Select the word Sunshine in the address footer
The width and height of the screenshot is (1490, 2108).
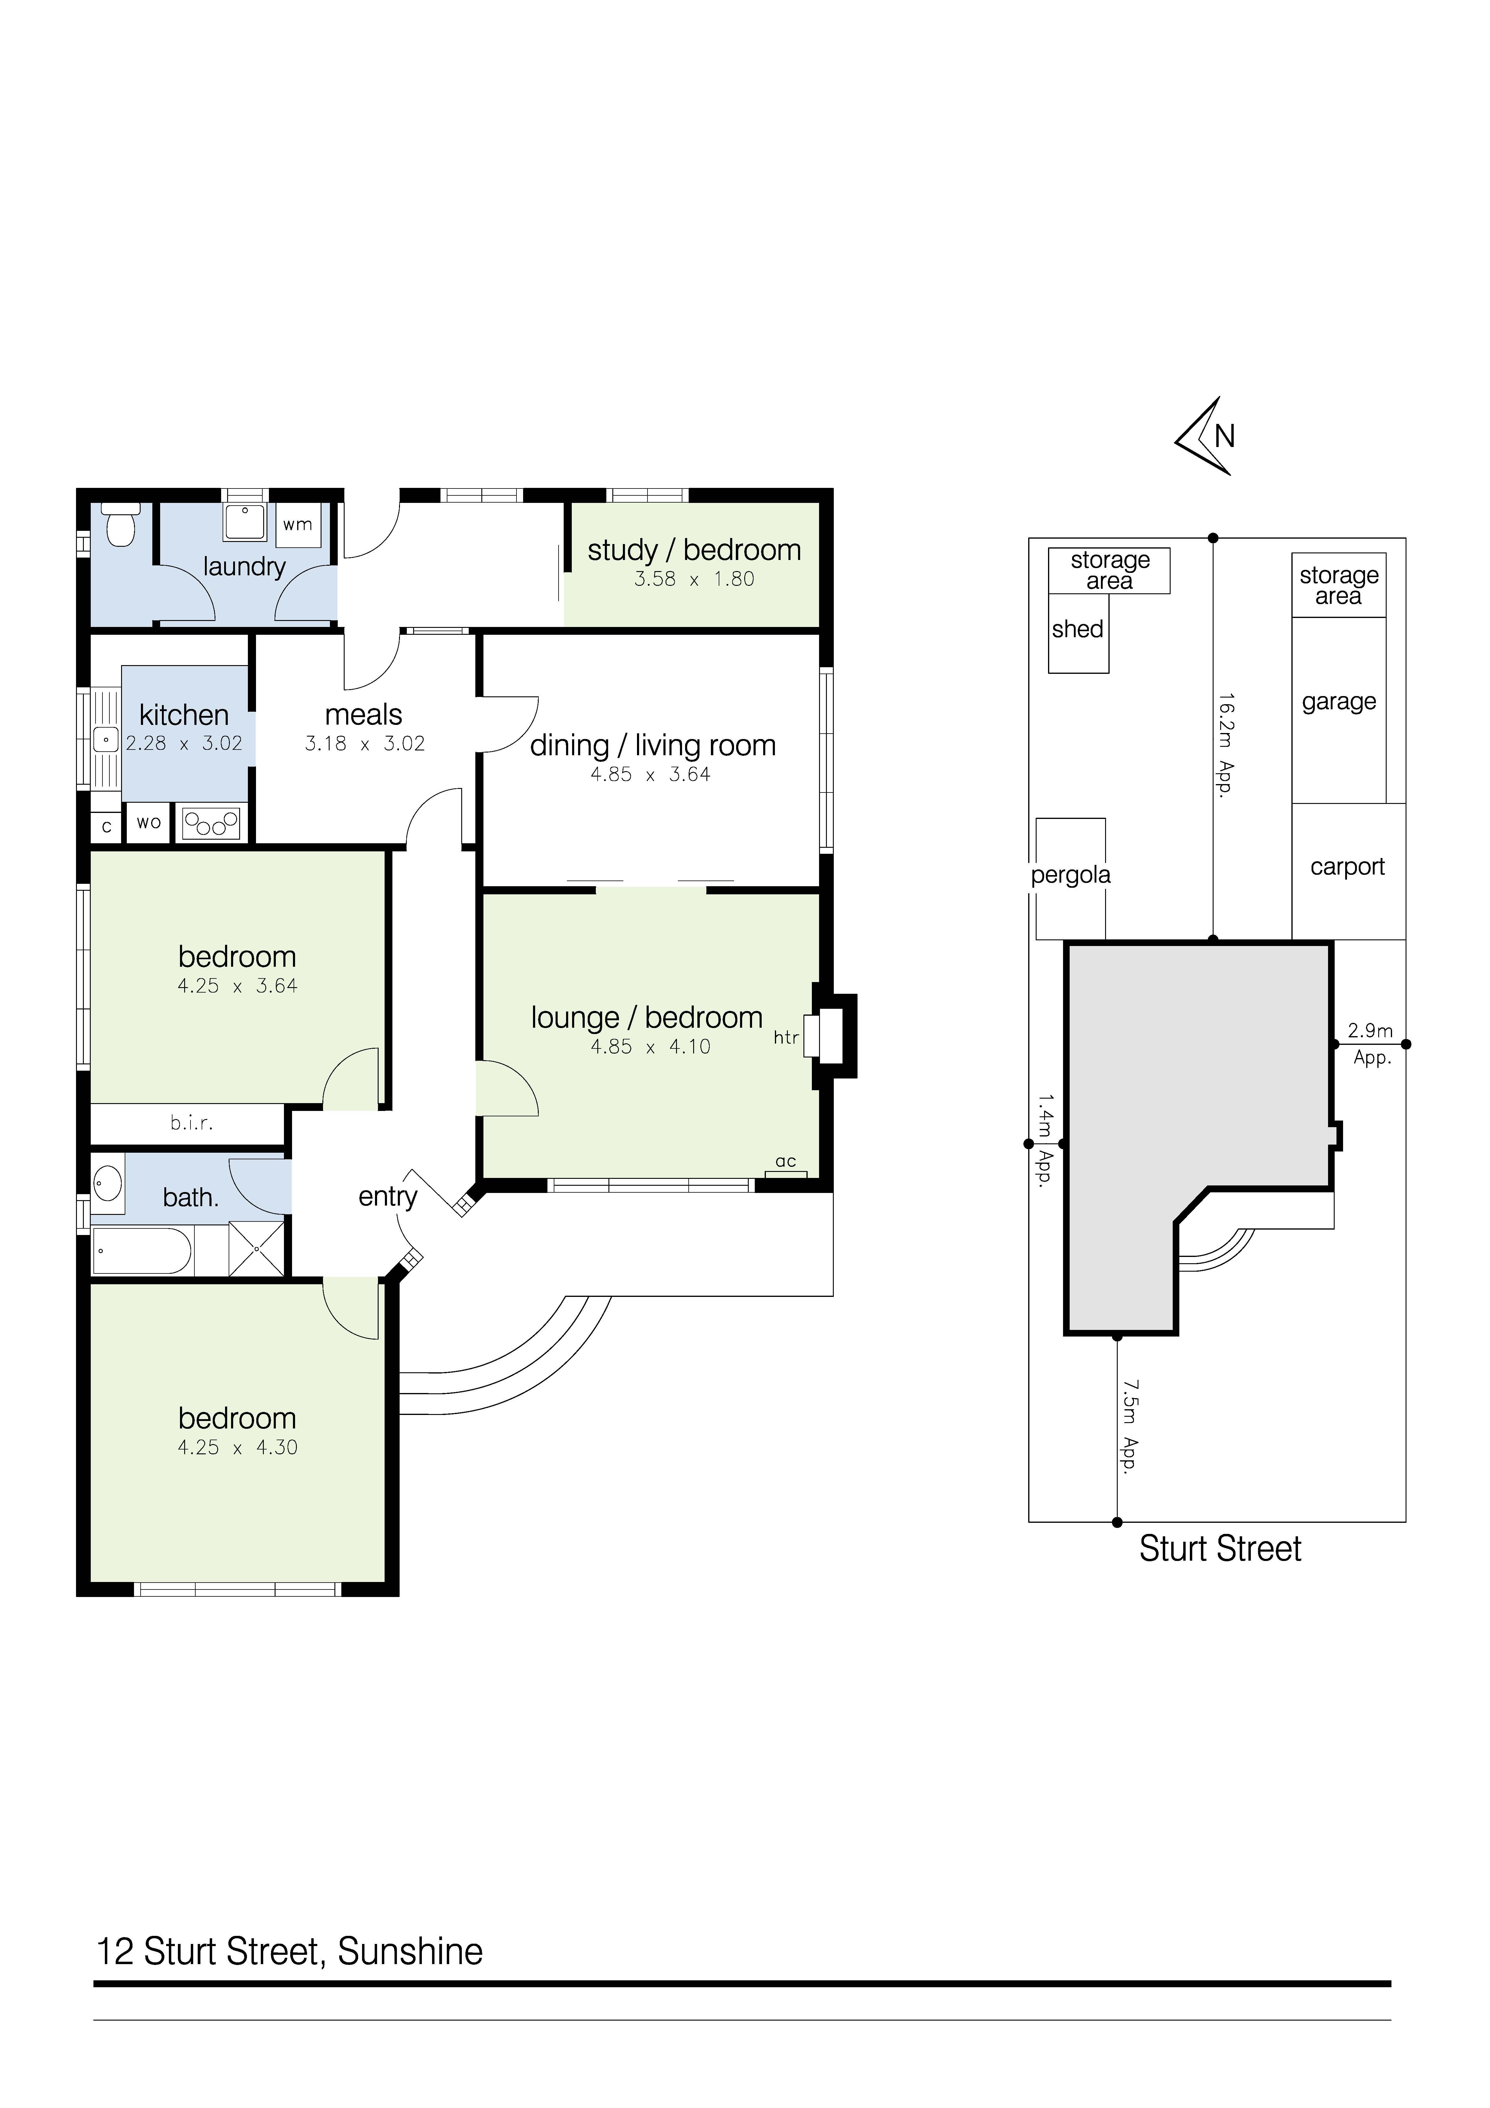click(x=410, y=1952)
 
